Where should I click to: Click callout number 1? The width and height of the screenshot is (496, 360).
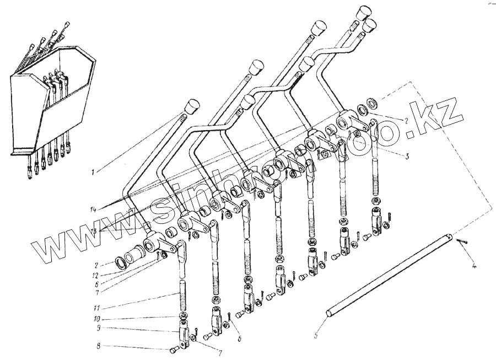(x=94, y=171)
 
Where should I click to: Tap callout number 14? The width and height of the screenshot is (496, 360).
(x=94, y=209)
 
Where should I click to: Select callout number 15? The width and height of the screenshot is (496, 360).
(x=95, y=232)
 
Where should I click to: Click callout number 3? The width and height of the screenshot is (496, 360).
(x=407, y=157)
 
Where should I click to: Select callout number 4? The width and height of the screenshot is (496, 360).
(x=476, y=267)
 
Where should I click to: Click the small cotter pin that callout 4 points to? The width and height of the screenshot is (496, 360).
(x=462, y=241)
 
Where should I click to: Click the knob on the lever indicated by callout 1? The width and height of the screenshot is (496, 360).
(x=191, y=106)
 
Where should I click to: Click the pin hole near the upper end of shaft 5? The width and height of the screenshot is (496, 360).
(x=450, y=239)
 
